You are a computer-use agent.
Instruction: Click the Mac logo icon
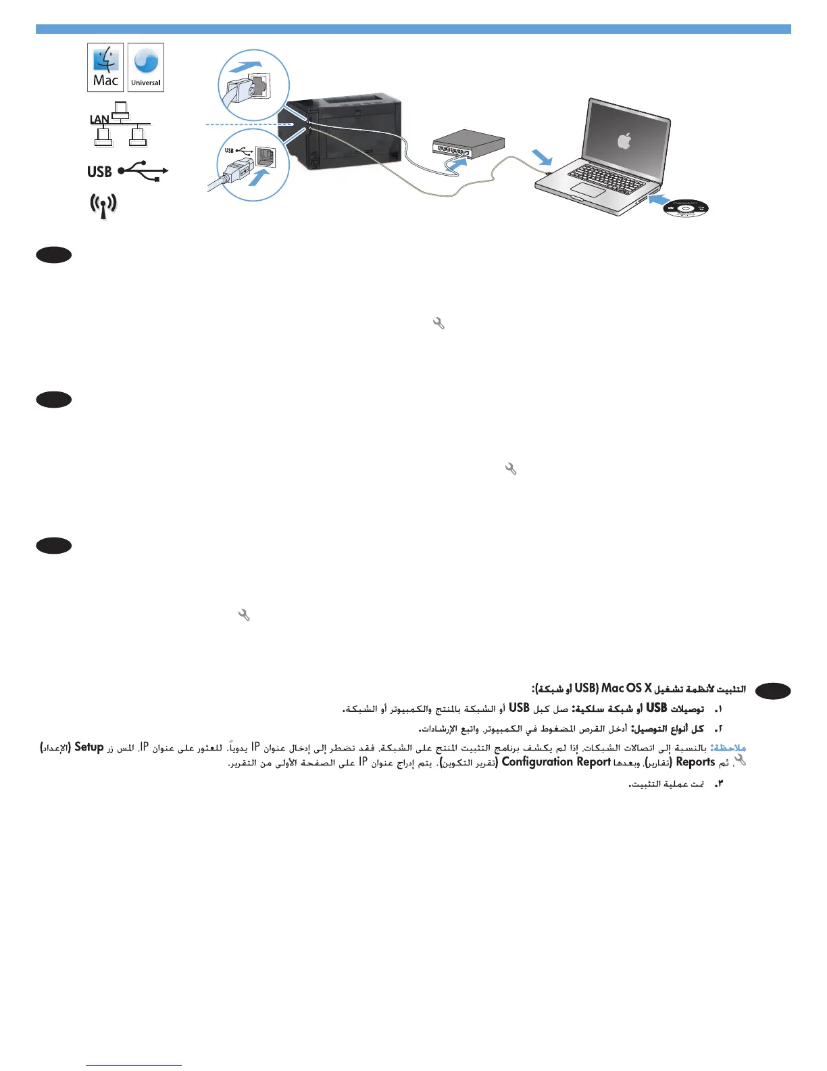pos(105,67)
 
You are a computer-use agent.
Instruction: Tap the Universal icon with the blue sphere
pos(146,67)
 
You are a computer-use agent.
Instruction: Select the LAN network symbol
pos(120,124)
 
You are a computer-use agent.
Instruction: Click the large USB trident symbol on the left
pos(142,171)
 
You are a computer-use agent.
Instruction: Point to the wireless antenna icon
pos(103,206)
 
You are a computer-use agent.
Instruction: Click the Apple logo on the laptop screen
pos(624,141)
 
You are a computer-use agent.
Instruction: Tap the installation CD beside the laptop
pos(685,208)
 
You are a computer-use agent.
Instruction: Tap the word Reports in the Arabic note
pos(695,762)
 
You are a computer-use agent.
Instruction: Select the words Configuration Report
pos(556,762)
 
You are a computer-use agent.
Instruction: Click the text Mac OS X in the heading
pos(626,688)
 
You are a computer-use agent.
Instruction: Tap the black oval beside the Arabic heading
pos(773,690)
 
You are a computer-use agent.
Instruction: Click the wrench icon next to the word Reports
pos(740,760)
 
